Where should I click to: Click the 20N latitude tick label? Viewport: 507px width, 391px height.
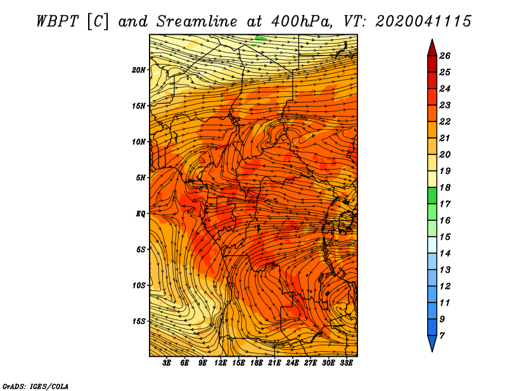click(138, 70)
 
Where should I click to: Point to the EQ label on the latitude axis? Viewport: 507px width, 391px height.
click(140, 214)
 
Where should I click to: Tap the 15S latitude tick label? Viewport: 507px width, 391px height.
click(139, 321)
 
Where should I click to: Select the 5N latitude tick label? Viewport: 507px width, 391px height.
click(141, 178)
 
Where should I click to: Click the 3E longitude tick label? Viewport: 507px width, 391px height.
click(167, 363)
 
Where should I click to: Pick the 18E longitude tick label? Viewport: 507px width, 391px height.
click(257, 363)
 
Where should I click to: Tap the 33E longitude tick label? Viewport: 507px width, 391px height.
click(346, 363)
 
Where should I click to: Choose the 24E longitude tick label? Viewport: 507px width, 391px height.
click(292, 363)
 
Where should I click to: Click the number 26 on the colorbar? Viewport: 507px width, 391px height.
click(445, 56)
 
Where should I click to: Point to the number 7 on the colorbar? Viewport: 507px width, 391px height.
click(442, 336)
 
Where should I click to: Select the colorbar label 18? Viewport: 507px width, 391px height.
click(445, 187)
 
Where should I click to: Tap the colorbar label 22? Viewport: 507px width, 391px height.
click(445, 121)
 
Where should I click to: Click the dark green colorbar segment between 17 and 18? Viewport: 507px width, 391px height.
click(432, 195)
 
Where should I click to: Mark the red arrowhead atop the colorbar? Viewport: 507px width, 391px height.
click(432, 49)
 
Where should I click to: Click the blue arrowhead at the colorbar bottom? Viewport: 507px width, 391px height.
click(432, 343)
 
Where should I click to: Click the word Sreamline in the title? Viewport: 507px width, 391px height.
click(197, 22)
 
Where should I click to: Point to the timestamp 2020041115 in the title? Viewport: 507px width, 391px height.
click(423, 22)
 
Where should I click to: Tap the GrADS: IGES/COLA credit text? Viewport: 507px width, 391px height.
click(35, 386)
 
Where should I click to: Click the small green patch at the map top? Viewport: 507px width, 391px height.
click(261, 39)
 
